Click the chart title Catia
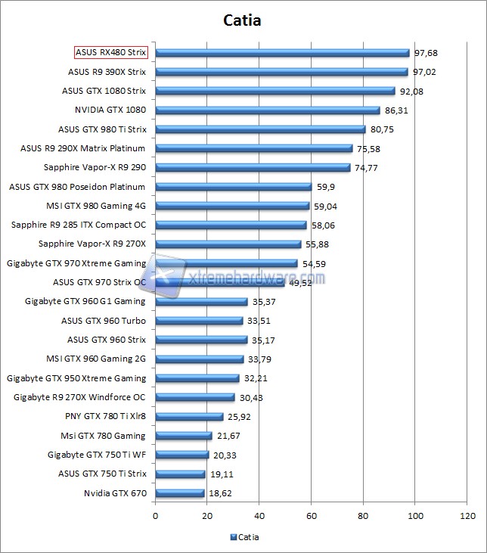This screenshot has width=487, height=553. (243, 20)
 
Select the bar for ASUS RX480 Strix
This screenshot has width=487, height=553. (282, 53)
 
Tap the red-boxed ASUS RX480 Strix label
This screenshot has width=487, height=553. (110, 53)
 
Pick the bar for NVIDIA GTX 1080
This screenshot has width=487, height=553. (268, 110)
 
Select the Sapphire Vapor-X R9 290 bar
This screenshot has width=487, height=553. (253, 168)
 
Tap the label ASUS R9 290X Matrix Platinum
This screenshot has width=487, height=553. (84, 148)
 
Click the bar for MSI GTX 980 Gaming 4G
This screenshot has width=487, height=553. (232, 206)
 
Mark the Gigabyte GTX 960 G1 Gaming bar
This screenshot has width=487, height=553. (201, 302)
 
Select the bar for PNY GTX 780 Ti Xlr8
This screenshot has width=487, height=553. (189, 417)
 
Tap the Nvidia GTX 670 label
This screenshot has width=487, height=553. (115, 493)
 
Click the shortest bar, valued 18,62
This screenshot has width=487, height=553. (179, 493)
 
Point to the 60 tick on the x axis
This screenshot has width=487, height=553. (312, 516)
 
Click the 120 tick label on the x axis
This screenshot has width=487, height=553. (467, 516)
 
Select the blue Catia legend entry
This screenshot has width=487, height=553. (243, 538)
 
